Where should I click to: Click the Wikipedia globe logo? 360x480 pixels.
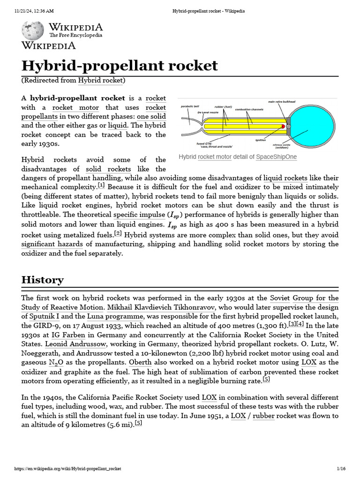[x=33, y=30]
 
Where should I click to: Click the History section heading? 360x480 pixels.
[x=43, y=280]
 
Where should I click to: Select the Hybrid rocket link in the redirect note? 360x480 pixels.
[x=100, y=80]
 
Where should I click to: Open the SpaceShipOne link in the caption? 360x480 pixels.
[x=276, y=157]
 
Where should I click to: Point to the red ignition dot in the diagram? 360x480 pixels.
[x=284, y=127]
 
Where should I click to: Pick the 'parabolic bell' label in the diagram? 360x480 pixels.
[x=190, y=106]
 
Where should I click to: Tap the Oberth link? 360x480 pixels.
[x=140, y=362]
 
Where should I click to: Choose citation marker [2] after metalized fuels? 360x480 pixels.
[x=118, y=233]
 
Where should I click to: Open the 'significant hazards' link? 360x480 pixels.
[x=52, y=244]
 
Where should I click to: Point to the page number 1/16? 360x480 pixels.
[x=341, y=469]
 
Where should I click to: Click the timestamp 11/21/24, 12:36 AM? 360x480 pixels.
[x=34, y=11]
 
